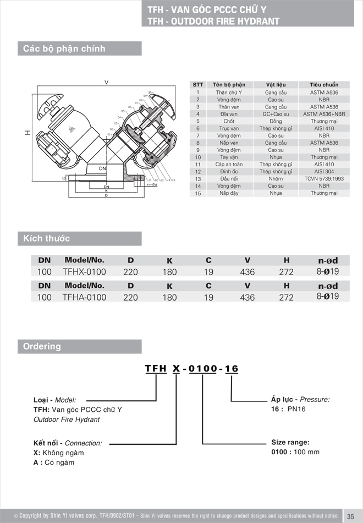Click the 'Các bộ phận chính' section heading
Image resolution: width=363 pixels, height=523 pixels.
coord(64,48)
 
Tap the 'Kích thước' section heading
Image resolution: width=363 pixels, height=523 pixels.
coord(47,238)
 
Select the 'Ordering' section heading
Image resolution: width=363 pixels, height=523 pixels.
coord(42,346)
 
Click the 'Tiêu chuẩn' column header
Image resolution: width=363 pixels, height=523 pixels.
coord(324,85)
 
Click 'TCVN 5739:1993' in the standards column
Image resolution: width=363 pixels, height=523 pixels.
coord(324,179)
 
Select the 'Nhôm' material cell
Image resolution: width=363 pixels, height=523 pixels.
coord(276,179)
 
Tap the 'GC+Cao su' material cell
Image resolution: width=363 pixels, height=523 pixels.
coord(276,114)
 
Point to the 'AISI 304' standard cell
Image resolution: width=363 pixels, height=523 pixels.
coord(324,172)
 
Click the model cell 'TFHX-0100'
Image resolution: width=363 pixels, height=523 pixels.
coord(84,272)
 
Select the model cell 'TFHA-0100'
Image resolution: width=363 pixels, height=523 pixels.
coord(84,297)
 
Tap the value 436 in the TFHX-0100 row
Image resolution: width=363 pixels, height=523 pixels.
coord(248,272)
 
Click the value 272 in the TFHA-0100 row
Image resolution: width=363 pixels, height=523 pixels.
coord(287,297)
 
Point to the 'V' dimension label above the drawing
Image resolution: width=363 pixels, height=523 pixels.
coord(106,83)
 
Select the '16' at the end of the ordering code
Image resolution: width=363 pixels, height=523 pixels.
coord(232,369)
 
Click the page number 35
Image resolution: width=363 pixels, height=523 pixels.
coord(350,516)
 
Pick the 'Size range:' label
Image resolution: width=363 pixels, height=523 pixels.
coord(290,442)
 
